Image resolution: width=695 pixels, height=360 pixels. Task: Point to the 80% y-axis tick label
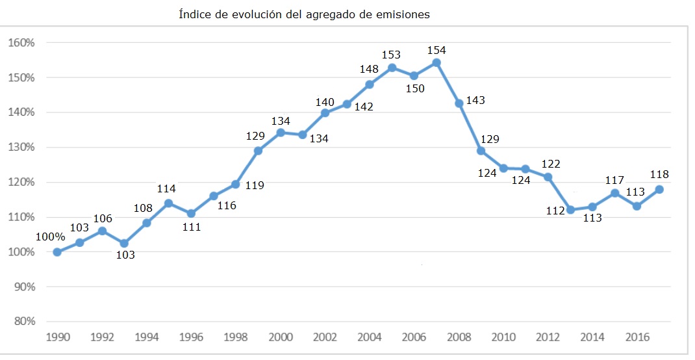tap(23, 322)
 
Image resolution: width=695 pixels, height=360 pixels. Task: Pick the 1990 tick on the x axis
tap(58, 337)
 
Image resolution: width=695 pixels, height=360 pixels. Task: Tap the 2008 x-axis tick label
tap(459, 337)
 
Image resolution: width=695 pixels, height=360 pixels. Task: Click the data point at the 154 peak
tap(436, 62)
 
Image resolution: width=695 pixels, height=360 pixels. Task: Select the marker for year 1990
tap(57, 251)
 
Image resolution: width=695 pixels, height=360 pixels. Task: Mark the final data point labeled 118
tap(659, 189)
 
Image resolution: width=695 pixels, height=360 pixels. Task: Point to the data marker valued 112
tap(570, 210)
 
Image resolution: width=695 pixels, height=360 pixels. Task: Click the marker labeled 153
tap(392, 68)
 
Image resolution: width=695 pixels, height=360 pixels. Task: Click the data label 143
tap(475, 101)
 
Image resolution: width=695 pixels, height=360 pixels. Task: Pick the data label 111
tap(192, 227)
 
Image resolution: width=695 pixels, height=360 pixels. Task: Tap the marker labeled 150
tap(414, 75)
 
